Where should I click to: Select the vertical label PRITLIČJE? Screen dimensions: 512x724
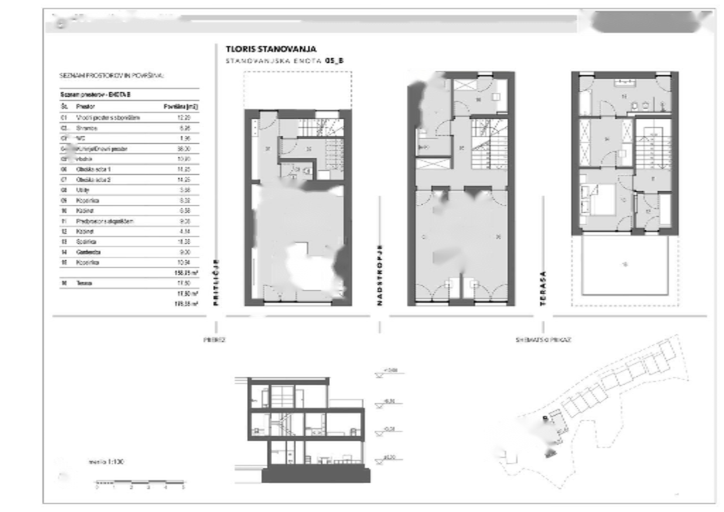(x=217, y=283)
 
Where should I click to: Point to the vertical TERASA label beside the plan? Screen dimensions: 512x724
(x=543, y=289)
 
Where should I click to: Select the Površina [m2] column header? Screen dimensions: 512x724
(x=180, y=106)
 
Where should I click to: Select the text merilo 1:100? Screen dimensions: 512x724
(x=106, y=462)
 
